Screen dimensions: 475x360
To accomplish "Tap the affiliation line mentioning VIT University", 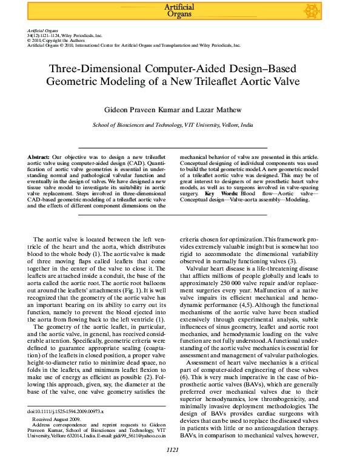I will click(181, 124).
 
